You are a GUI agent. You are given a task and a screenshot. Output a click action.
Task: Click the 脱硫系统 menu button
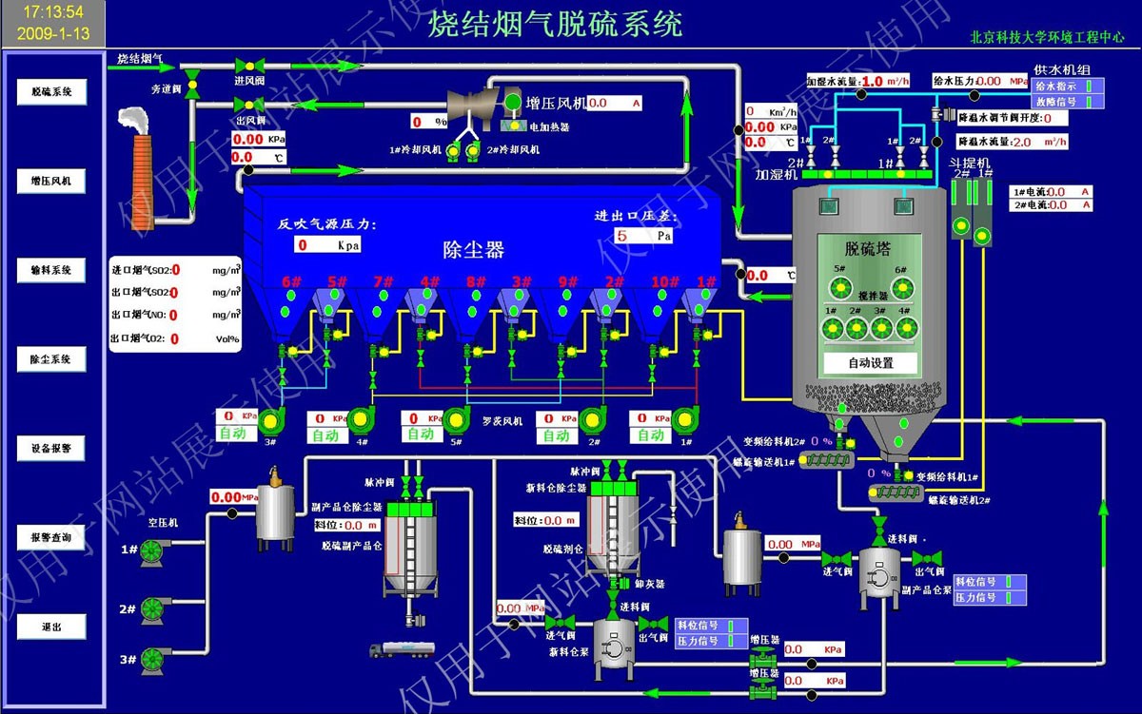[x=51, y=92]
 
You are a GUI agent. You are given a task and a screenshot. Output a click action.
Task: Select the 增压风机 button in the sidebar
[x=51, y=182]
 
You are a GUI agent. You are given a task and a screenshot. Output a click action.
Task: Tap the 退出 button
[x=51, y=627]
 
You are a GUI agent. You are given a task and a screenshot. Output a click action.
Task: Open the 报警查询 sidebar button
[x=51, y=537]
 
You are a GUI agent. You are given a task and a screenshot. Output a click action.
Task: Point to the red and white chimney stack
[x=142, y=181]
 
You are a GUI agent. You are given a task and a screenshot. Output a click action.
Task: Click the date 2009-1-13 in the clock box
[x=53, y=33]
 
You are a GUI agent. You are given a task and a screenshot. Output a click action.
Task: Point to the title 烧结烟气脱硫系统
[x=555, y=24]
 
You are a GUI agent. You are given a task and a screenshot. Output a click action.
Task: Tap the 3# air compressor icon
[x=152, y=659]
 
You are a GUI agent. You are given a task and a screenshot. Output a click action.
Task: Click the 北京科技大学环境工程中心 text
[x=1047, y=39]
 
